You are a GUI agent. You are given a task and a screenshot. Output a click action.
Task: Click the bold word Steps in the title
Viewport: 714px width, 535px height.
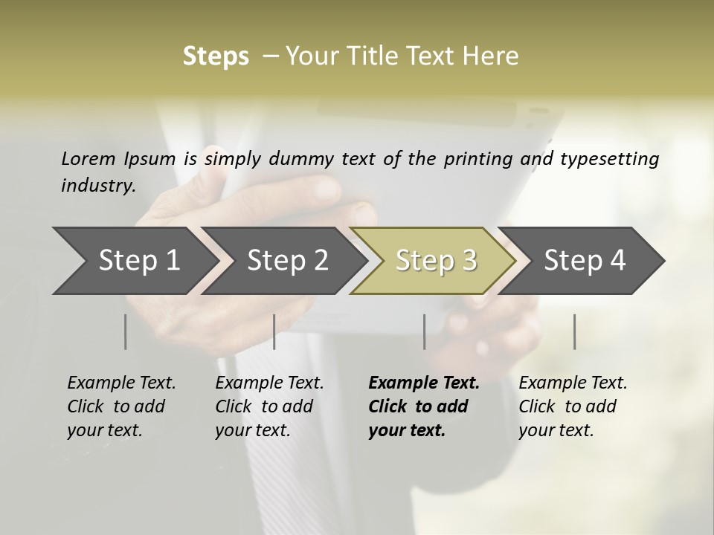pos(216,56)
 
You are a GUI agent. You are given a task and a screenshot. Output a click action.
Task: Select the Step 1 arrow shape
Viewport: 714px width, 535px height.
pos(134,261)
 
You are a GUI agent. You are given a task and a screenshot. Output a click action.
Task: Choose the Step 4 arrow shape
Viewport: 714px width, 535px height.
pos(585,261)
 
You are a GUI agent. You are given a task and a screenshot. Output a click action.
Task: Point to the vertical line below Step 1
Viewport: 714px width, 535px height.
pos(126,331)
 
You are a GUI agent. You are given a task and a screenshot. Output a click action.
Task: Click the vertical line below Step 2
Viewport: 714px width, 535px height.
pos(274,331)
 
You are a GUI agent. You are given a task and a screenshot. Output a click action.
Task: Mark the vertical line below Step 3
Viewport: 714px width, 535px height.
pos(425,331)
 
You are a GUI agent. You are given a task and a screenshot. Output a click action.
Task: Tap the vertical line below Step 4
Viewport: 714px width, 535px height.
pos(575,331)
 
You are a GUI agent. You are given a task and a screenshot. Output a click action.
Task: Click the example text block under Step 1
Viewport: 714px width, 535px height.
pos(121,406)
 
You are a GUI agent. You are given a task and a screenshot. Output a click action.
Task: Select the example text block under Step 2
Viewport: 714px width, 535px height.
pos(269,406)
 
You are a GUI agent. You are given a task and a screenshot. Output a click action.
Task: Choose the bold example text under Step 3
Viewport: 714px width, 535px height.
pos(424,406)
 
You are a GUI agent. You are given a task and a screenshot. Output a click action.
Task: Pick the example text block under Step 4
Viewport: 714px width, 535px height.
pos(573,406)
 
